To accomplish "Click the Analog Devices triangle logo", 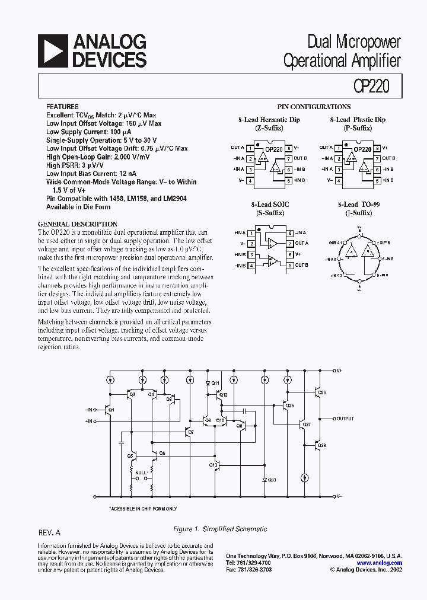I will click(x=52, y=51).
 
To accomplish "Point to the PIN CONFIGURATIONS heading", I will click(x=314, y=107).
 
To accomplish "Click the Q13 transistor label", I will click(x=213, y=465).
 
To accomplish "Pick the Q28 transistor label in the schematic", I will click(x=322, y=392).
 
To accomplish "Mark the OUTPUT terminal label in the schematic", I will click(x=345, y=419).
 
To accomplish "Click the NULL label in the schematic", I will click(x=141, y=473).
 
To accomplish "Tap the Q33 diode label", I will click(x=272, y=479).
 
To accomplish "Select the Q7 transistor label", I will click(x=190, y=432).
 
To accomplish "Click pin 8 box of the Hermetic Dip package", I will click(x=288, y=148).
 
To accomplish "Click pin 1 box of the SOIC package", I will click(x=251, y=233).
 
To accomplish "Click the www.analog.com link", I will click(x=380, y=563).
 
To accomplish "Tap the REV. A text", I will click(x=49, y=534).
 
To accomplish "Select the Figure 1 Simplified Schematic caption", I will click(x=219, y=529).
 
